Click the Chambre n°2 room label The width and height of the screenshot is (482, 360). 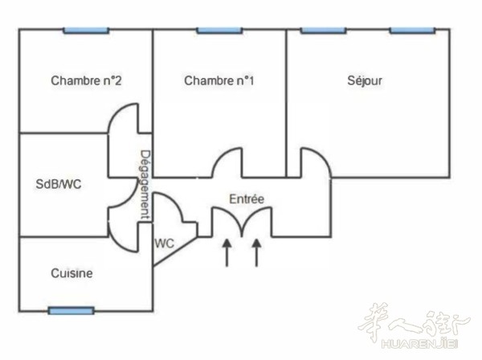click(86, 80)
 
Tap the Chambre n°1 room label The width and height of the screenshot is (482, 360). click(219, 80)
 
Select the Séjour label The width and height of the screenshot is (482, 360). click(365, 81)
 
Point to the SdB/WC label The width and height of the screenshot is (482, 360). click(59, 184)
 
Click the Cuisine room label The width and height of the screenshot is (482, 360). click(71, 273)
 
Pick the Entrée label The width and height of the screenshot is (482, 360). click(247, 199)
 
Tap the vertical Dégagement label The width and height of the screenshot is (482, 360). click(145, 185)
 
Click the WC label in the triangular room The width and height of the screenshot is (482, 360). click(164, 243)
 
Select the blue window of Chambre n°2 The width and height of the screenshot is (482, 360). click(87, 31)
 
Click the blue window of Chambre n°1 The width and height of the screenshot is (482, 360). click(219, 31)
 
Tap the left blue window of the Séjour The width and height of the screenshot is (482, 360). click(324, 31)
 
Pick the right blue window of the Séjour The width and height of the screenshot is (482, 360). click(413, 31)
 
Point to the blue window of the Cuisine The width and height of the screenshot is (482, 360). click(71, 311)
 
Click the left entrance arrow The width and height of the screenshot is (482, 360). click(227, 252)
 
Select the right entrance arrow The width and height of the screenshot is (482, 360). click(257, 252)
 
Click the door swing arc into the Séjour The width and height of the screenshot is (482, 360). click(323, 157)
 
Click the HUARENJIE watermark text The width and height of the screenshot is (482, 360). click(419, 343)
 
